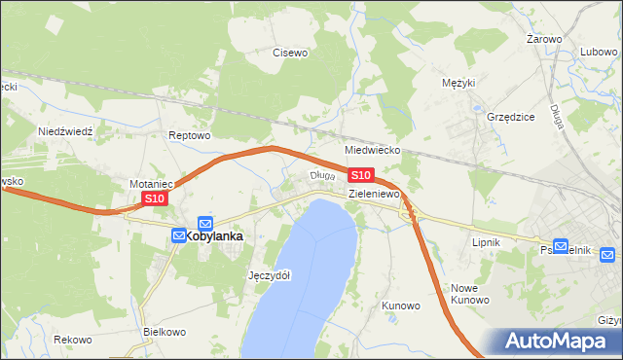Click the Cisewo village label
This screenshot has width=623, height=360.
[290, 53]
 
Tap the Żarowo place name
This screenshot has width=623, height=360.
[544, 39]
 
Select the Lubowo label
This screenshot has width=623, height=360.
[599, 53]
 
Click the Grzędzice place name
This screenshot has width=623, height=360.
[510, 117]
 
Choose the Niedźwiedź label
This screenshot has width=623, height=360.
[64, 130]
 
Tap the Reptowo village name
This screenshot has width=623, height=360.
[189, 135]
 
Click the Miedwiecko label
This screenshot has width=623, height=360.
[373, 152]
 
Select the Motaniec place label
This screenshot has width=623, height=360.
[151, 183]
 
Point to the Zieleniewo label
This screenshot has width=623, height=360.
[376, 195]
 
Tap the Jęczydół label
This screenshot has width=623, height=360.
[270, 275]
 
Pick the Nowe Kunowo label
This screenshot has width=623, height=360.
[469, 294]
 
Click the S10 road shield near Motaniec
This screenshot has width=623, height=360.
[155, 198]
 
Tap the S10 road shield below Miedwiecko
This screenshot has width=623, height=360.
[360, 175]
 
